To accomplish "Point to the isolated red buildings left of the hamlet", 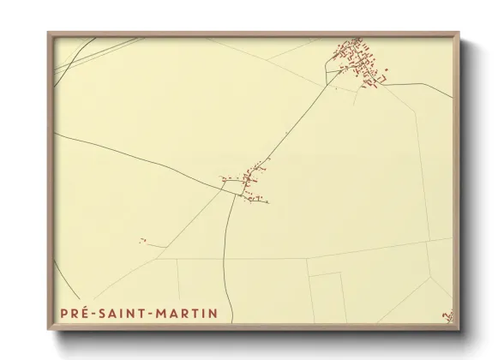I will click(142, 241).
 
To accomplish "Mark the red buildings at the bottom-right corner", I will click(446, 317).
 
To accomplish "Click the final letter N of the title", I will click(213, 314).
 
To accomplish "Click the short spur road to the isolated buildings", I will click(154, 245).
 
